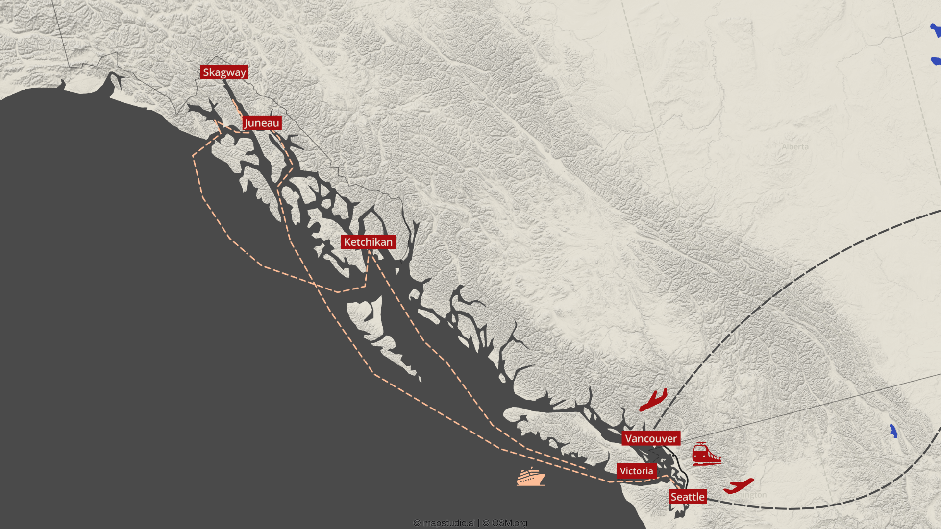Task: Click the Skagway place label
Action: point(224,72)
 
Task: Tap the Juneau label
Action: point(262,123)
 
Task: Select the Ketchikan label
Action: point(368,242)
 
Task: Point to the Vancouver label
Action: point(651,438)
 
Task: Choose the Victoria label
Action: point(636,471)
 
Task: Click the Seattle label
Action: point(687,497)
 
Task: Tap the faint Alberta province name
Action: point(795,147)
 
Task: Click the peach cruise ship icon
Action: point(531,477)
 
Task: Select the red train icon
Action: point(706,454)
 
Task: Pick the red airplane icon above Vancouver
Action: point(654,400)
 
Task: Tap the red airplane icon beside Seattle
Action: point(739,486)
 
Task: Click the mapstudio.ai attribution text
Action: point(448,523)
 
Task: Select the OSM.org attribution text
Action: point(509,523)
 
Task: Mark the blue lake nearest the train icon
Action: point(893,431)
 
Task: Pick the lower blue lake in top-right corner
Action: point(936,61)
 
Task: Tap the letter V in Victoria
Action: point(623,471)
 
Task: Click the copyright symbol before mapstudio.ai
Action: point(417,523)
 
